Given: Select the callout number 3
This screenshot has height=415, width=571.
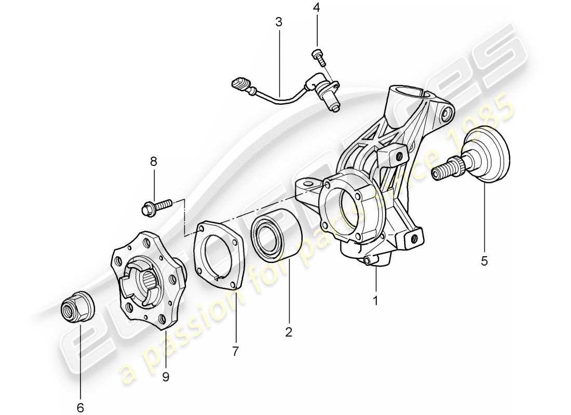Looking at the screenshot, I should coord(279,22).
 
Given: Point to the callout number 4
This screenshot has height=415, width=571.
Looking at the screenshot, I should coord(317,8).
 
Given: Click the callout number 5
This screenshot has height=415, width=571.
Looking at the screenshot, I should coord(484,261).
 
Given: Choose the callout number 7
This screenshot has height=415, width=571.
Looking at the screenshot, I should coord(235,351).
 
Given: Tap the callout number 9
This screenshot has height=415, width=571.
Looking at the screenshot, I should coord(166,377).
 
